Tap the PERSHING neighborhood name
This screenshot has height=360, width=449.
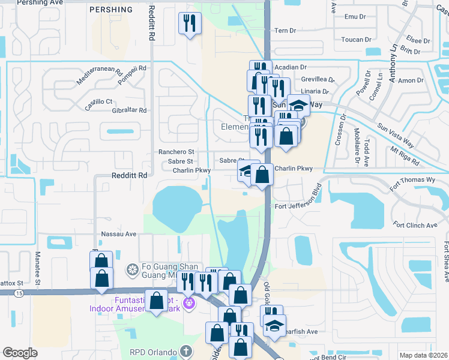[x=110, y=10]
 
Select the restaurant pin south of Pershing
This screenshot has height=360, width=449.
[x=190, y=23]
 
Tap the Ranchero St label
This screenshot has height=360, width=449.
[x=176, y=152]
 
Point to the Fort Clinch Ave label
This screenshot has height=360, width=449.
[x=415, y=226]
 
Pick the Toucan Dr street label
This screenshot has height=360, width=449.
[x=357, y=40]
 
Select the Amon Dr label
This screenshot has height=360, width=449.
[x=411, y=80]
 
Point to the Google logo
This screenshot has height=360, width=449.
[x=20, y=353]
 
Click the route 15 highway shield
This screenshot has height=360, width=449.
[x=20, y=293]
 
